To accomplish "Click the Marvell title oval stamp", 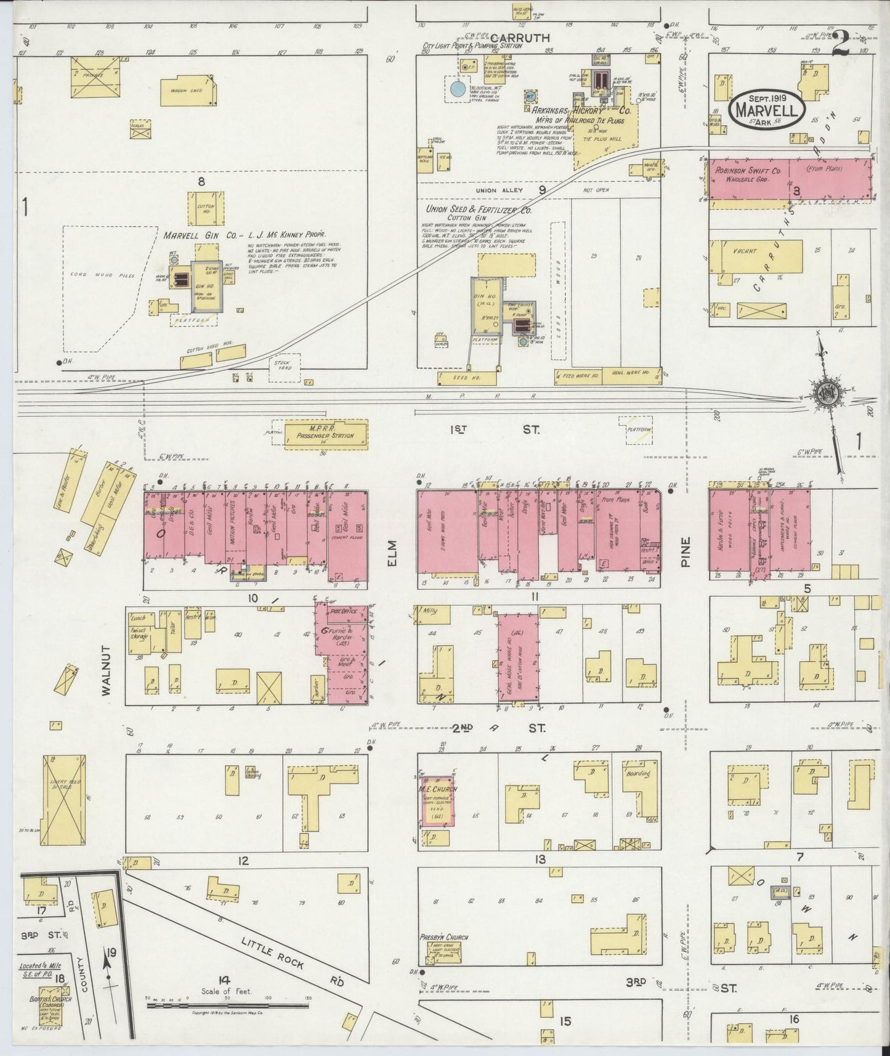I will (x=766, y=110).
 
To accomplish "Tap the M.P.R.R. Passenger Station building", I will (x=326, y=434).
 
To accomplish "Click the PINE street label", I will (x=686, y=551).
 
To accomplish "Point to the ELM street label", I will (x=393, y=553).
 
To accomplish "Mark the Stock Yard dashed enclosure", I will (x=284, y=366).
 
